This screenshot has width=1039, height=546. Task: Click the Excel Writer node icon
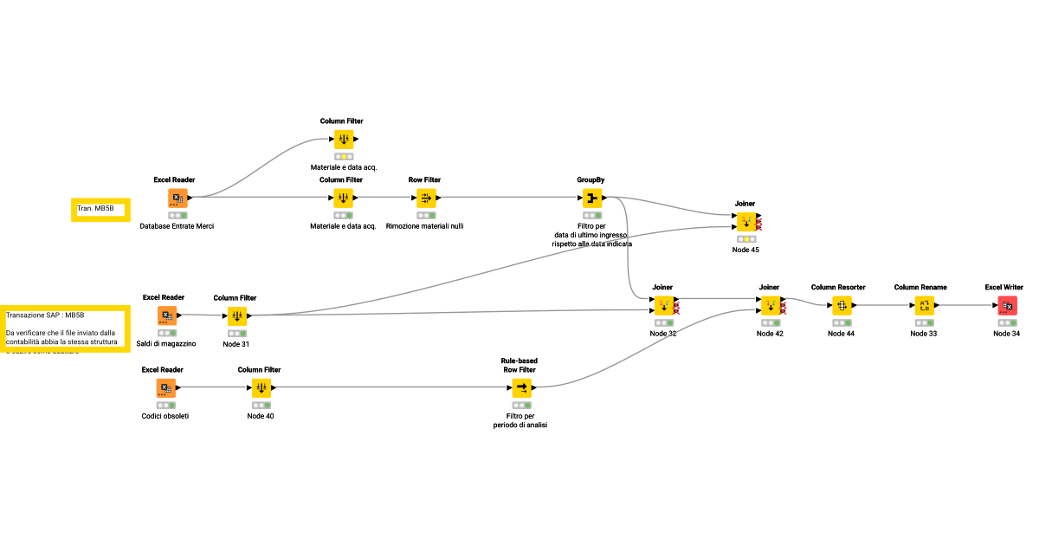[1007, 305]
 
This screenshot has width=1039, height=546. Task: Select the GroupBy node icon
[591, 198]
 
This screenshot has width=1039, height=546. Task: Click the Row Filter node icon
[424, 198]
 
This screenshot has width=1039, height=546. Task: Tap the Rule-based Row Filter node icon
[520, 388]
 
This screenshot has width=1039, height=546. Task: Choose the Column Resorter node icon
[838, 305]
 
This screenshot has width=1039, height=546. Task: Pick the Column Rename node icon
[925, 305]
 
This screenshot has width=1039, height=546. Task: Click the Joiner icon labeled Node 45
[745, 222]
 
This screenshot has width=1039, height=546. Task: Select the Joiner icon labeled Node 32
[662, 305]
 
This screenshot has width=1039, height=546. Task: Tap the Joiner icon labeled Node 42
[769, 305]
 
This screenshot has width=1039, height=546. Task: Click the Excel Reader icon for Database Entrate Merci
[177, 198]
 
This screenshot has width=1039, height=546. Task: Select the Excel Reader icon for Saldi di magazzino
[167, 315]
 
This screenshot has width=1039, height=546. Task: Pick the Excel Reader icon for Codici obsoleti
[165, 388]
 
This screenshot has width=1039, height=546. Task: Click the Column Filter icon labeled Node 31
[236, 315]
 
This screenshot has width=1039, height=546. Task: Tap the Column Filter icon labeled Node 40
[261, 388]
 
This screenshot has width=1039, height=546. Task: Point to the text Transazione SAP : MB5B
[45, 315]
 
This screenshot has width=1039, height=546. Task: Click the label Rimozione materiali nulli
[424, 226]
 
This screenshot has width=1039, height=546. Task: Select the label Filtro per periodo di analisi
[520, 420]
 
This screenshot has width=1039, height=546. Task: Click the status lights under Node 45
[745, 239]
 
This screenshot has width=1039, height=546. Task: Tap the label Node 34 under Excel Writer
[1007, 334]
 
